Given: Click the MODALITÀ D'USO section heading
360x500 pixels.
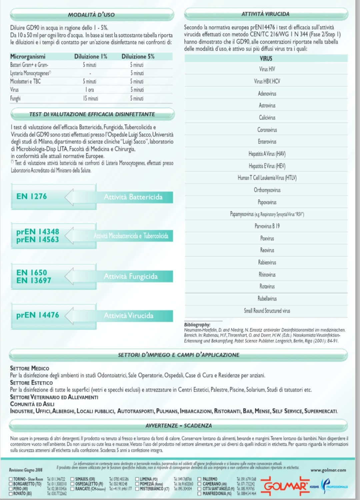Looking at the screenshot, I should (x=91, y=15).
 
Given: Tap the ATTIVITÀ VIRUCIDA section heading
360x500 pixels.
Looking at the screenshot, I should (x=265, y=14).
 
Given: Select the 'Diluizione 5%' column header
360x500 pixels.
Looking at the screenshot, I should (x=138, y=57).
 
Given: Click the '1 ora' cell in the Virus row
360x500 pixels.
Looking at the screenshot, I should (x=90, y=90).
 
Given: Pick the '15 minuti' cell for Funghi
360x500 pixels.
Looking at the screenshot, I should (x=90, y=99).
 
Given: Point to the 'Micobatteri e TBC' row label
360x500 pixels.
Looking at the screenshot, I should (x=25, y=82).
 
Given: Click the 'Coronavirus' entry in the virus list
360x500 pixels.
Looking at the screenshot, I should (x=267, y=130).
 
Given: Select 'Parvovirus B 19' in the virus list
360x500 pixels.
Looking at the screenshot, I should (x=267, y=226).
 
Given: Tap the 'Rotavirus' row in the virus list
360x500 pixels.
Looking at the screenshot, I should (x=267, y=286).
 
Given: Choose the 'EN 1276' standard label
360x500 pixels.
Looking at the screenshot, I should (x=32, y=197).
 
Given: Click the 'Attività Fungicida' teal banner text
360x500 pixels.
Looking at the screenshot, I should (x=131, y=276).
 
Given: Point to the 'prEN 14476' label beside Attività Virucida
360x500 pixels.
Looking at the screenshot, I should (x=38, y=315).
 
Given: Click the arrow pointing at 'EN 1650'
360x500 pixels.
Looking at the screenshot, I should (x=69, y=276).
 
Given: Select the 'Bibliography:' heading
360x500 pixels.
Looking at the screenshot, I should (x=197, y=325).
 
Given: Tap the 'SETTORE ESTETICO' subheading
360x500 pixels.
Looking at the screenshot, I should (x=31, y=383).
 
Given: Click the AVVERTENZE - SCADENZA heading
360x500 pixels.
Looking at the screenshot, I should (x=179, y=426).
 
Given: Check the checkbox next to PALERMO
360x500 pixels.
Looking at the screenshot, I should (x=200, y=479).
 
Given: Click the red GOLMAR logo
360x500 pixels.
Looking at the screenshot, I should (x=285, y=487).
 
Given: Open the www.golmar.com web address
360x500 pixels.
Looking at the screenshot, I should (x=328, y=470).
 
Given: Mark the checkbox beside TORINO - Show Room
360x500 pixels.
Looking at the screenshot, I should (x=11, y=479).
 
